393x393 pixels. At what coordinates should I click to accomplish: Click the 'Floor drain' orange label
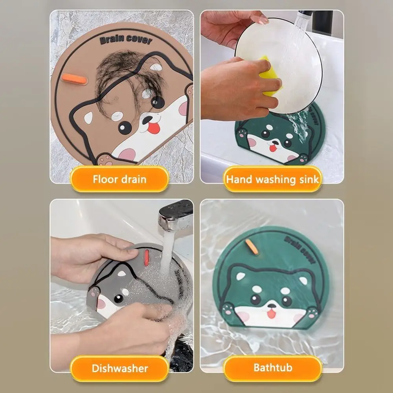119,179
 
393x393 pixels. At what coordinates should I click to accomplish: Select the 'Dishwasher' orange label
120,368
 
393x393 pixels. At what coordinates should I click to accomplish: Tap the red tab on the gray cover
146,257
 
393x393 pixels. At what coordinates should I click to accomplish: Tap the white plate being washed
291,59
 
